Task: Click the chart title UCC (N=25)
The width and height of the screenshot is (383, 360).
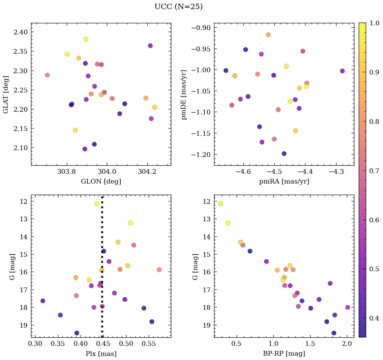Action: (x=178, y=7)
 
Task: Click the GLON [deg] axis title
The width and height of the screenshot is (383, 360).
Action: (x=101, y=181)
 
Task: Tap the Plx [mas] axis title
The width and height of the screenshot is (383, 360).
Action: (x=101, y=354)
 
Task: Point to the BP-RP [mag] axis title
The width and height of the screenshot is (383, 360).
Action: (x=284, y=354)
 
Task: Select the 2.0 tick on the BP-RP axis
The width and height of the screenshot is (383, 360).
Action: (x=347, y=344)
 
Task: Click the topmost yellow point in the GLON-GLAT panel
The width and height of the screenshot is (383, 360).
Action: (x=86, y=39)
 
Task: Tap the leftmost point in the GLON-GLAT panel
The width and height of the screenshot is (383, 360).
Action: (x=47, y=75)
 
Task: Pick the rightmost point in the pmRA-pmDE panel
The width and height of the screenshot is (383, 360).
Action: (x=342, y=71)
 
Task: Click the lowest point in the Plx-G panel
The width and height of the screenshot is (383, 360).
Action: (x=77, y=333)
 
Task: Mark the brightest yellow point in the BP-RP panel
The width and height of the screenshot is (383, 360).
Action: (x=220, y=203)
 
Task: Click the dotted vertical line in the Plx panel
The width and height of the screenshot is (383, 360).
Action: (x=102, y=270)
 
